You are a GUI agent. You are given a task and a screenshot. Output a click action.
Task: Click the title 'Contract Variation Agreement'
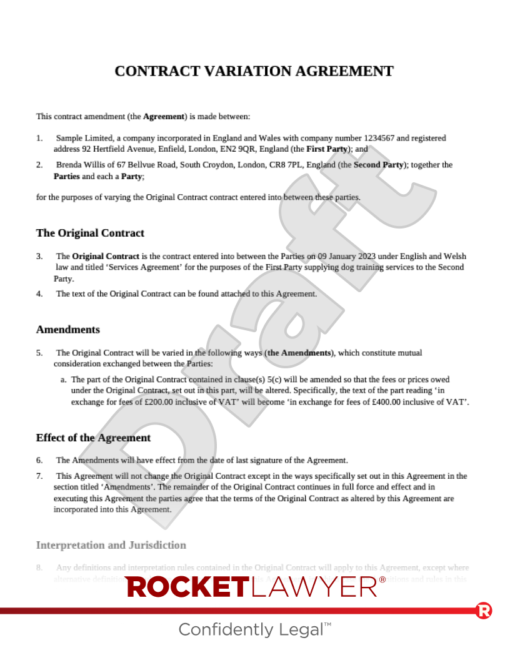pyautogui.click(x=254, y=71)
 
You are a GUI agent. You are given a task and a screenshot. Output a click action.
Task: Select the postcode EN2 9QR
pyautogui.click(x=239, y=150)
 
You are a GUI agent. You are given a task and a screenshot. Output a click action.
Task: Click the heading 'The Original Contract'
pyautogui.click(x=90, y=233)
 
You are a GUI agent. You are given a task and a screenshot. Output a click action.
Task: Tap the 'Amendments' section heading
pyautogui.click(x=67, y=329)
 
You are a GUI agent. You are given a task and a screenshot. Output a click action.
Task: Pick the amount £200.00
pyautogui.click(x=157, y=402)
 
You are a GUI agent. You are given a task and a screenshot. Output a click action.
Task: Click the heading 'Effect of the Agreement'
pyautogui.click(x=93, y=438)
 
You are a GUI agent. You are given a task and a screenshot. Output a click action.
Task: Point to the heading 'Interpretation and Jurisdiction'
pyautogui.click(x=111, y=545)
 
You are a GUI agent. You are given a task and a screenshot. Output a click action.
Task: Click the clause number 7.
pyautogui.click(x=39, y=476)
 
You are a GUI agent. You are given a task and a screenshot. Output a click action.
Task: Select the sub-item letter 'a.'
pyautogui.click(x=64, y=380)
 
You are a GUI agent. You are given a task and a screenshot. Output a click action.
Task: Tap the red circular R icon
pyautogui.click(x=483, y=611)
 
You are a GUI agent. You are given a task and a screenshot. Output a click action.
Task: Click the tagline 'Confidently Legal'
pyautogui.click(x=251, y=629)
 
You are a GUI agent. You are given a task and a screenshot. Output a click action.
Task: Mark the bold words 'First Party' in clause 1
pyautogui.click(x=327, y=150)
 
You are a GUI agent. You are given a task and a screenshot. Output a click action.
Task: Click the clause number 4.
pyautogui.click(x=39, y=294)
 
